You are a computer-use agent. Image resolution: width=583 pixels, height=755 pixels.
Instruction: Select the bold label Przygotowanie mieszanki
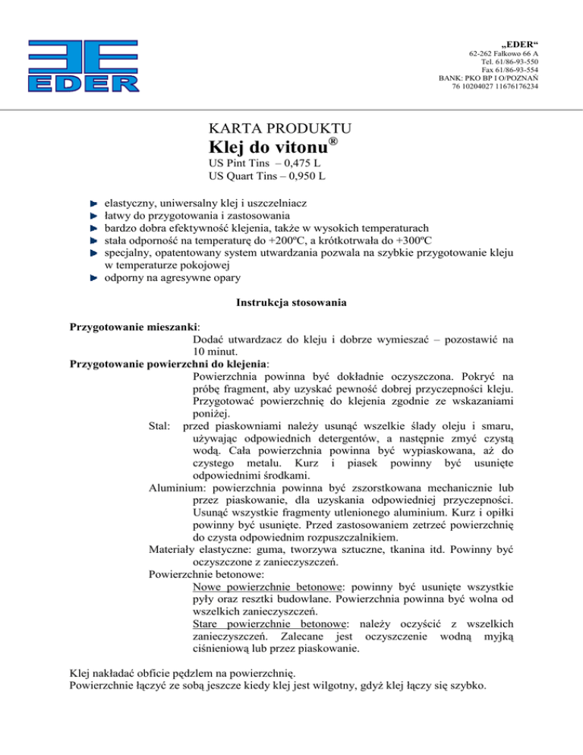tap(129, 327)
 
